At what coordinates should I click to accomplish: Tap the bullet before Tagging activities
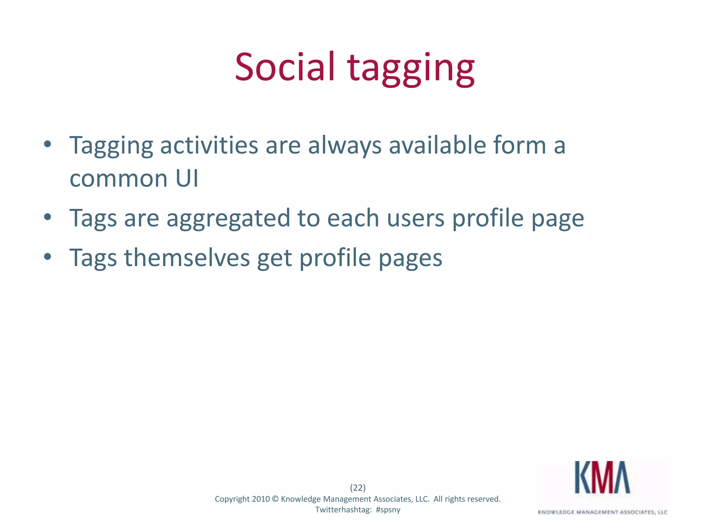point(48,144)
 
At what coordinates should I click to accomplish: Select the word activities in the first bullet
point(209,145)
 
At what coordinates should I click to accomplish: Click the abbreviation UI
point(187,179)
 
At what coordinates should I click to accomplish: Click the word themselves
point(187,258)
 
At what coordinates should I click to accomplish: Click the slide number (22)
point(358,488)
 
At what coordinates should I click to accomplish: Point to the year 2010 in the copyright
point(261,499)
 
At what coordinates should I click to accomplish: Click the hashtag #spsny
point(388,510)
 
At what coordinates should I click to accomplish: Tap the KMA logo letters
point(603,477)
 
